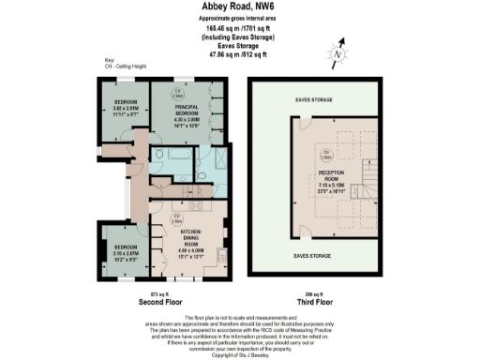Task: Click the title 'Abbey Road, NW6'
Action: click(x=239, y=7)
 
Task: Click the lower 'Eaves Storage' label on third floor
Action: click(x=311, y=255)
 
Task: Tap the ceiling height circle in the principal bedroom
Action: click(x=179, y=94)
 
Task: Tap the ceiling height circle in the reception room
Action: click(x=327, y=154)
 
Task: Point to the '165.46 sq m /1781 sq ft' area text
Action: click(x=238, y=28)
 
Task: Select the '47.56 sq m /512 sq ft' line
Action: click(x=238, y=52)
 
